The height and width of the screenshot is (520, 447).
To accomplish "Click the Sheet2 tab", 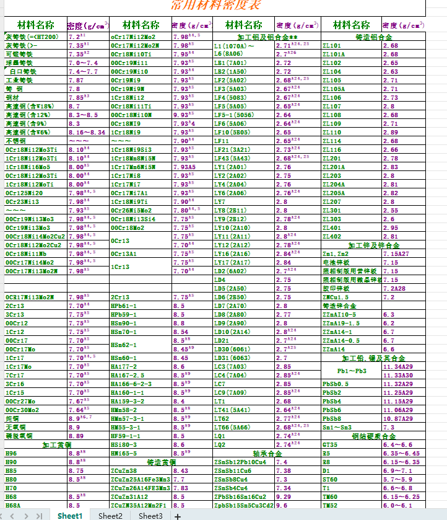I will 110,516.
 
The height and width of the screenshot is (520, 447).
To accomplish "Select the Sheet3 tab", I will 150,516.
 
